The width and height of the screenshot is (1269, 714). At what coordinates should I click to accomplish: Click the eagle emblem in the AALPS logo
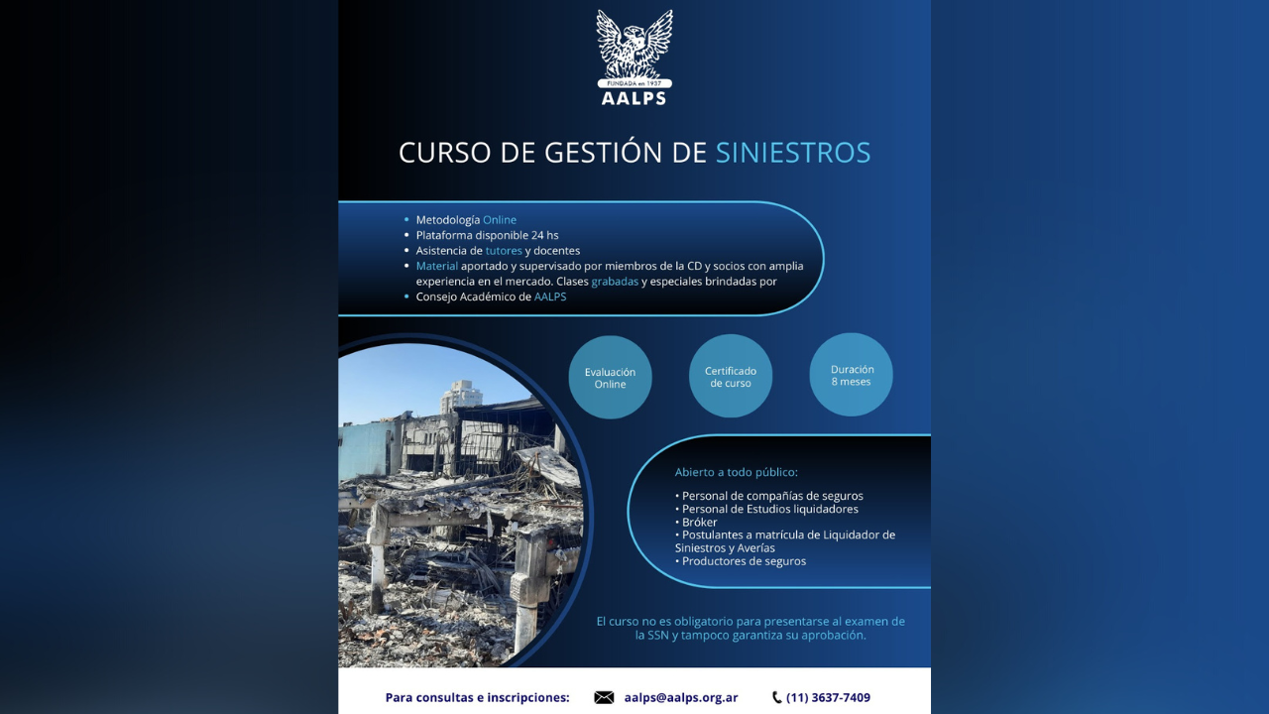(x=634, y=44)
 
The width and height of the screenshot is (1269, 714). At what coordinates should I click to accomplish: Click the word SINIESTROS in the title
(x=793, y=153)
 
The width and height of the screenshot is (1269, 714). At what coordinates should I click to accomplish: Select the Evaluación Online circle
(x=610, y=378)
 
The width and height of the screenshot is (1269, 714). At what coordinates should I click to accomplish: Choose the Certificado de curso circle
(x=731, y=377)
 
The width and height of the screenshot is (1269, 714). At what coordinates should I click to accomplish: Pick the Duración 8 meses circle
(x=852, y=375)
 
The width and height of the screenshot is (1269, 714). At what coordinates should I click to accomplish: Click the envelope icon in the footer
(x=604, y=698)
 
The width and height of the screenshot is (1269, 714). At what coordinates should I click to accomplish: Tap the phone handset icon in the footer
(x=776, y=698)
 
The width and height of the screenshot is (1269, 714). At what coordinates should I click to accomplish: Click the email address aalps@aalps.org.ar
(x=681, y=698)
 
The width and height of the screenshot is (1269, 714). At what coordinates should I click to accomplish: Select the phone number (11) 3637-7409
(x=828, y=698)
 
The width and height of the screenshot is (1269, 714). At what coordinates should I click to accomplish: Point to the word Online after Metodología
(x=500, y=220)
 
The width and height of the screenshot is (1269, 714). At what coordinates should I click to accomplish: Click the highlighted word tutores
(x=504, y=251)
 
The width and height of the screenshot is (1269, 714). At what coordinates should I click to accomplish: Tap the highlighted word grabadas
(x=615, y=282)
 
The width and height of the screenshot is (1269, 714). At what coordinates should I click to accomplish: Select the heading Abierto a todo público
(x=736, y=472)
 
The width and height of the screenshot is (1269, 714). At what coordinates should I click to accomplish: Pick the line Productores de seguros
(x=742, y=561)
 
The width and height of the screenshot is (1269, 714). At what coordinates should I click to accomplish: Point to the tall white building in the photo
(x=460, y=397)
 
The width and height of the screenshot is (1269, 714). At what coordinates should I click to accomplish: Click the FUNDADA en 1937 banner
(x=634, y=84)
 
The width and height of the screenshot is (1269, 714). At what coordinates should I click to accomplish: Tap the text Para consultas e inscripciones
(x=477, y=698)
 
